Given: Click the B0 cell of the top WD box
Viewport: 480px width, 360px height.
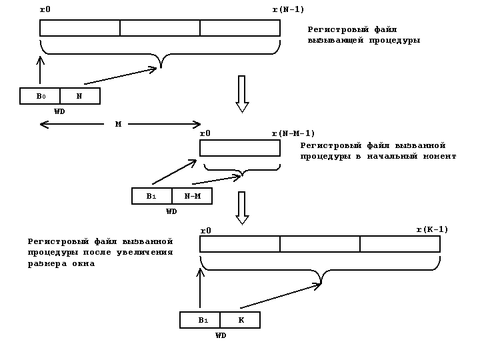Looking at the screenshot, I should tap(40, 96).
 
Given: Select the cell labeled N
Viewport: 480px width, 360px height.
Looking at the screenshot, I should tap(79, 96).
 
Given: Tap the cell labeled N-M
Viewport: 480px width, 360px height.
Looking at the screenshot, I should tap(192, 196).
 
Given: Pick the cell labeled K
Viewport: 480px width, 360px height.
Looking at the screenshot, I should tap(240, 320).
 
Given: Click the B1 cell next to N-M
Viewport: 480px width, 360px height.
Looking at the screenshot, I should tap(152, 196).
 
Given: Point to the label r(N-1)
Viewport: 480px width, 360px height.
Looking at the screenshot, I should tap(288, 9).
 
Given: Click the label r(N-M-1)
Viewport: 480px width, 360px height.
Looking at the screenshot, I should tap(293, 133).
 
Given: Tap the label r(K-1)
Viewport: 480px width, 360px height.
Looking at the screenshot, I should tap(432, 229).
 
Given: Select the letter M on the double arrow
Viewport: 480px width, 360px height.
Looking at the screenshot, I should tap(118, 124).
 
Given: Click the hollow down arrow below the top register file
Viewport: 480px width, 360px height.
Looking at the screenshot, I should tap(242, 93).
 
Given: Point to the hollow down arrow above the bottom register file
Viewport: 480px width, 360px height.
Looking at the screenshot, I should tap(242, 208).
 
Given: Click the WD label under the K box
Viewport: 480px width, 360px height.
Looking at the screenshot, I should tap(221, 335).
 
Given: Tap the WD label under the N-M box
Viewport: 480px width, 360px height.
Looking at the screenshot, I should tap(171, 211).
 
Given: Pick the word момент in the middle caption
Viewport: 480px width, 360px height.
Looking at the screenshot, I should tap(439, 156).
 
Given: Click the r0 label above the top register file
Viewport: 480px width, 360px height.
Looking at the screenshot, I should tap(45, 10).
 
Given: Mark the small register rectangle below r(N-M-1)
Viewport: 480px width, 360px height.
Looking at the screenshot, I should tap(240, 147).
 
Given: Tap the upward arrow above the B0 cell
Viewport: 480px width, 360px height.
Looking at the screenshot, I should tap(40, 71).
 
